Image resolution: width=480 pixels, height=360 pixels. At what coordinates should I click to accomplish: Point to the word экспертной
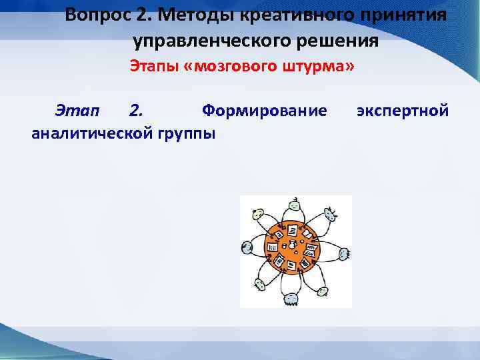[x=402, y=109]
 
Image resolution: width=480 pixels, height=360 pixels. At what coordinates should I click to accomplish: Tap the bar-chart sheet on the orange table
[x=272, y=247]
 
